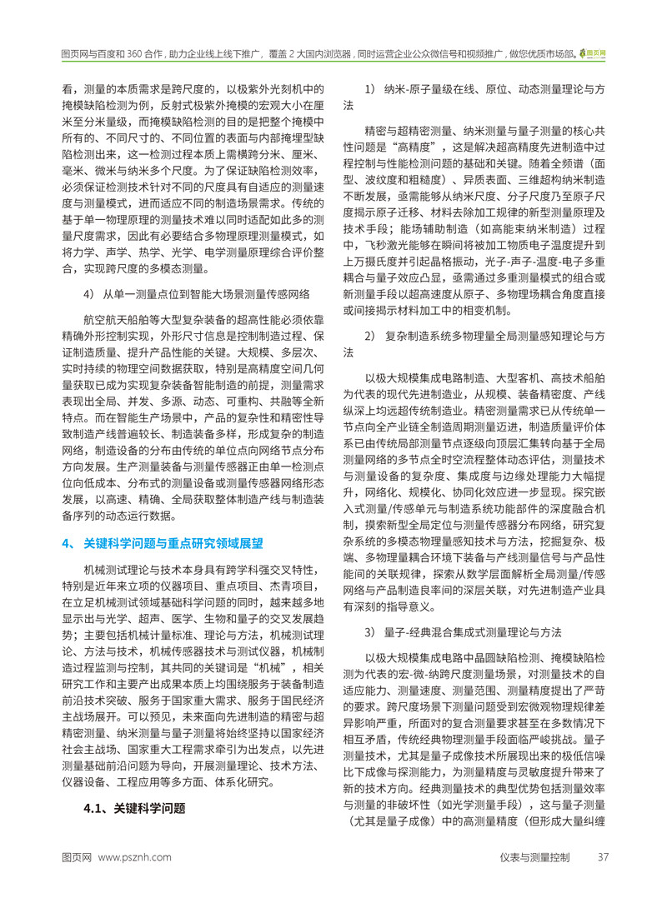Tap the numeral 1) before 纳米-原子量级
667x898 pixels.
[x=371, y=89]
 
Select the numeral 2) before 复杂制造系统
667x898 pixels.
[x=371, y=336]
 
